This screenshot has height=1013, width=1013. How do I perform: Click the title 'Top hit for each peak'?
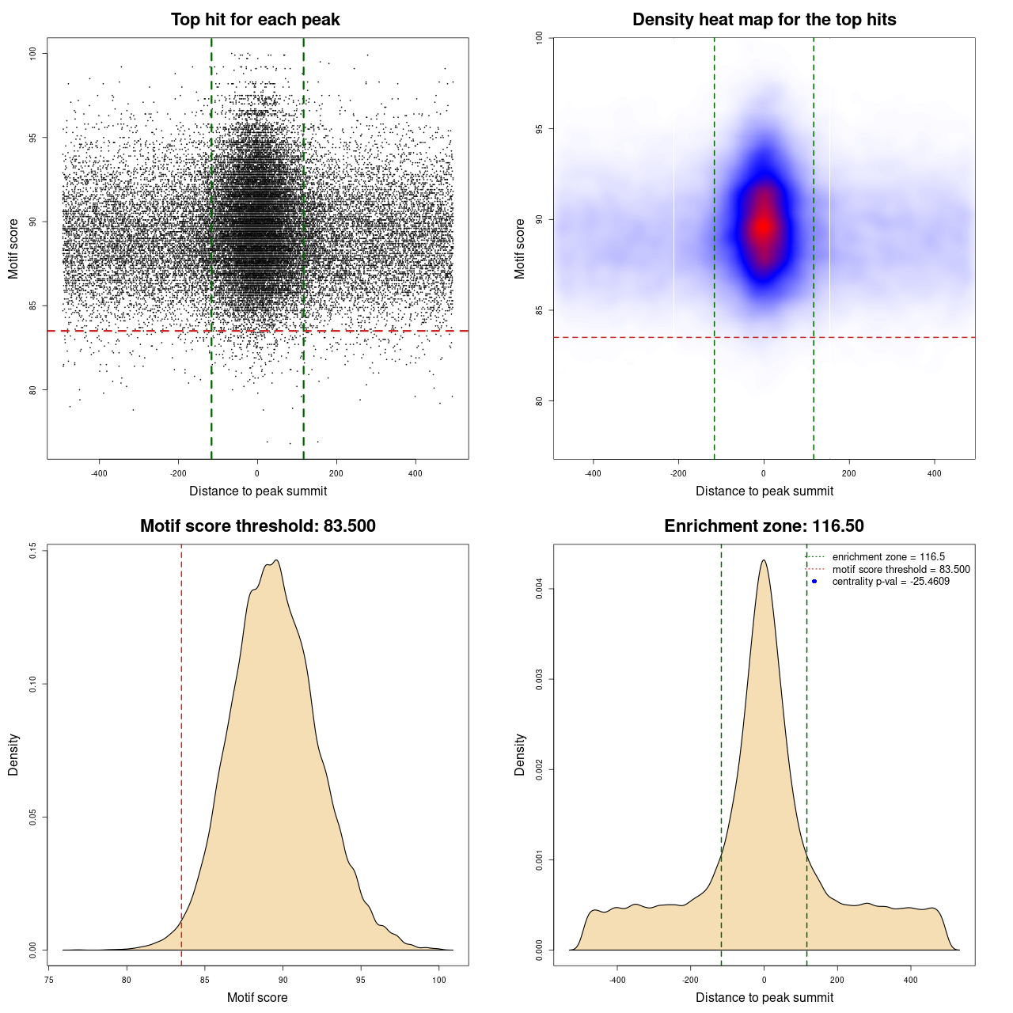coord(255,20)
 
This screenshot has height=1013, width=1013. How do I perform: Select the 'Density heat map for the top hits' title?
coord(764,20)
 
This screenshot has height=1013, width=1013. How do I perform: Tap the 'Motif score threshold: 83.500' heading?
coord(257,526)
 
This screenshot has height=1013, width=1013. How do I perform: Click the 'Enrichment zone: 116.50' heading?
coord(764,526)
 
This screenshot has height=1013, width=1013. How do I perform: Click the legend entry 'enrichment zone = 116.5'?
coord(888,557)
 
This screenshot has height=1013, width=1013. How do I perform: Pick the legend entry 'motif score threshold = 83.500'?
coord(901,569)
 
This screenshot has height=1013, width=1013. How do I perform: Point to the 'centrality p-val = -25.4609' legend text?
coord(890,582)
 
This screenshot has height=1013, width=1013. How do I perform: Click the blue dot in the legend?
coord(814,582)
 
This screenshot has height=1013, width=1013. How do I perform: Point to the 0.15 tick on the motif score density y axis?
coord(32,551)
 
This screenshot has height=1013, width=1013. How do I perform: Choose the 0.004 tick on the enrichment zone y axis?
coord(539,589)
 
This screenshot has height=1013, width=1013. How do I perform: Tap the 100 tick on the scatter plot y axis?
coord(32,53)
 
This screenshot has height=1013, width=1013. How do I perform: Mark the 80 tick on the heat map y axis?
coord(539,401)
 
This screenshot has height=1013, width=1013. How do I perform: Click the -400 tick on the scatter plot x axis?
coord(99,473)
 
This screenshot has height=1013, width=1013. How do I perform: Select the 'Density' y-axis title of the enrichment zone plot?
coord(520,754)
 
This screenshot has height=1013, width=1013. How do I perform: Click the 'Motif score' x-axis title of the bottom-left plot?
coord(257,997)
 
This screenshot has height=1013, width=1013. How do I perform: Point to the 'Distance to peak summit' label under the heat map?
coord(764,491)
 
